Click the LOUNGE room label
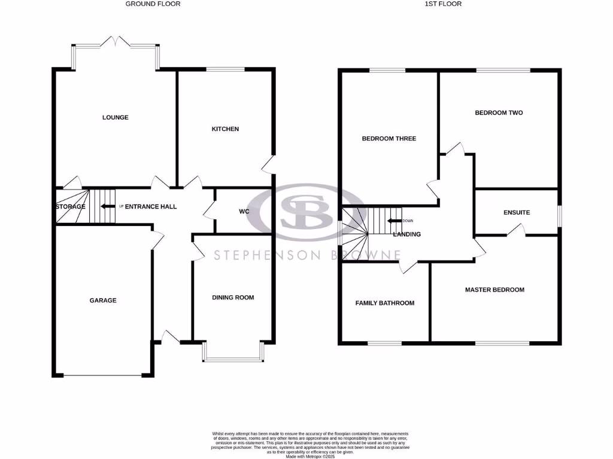(115, 118)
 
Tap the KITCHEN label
(225, 129)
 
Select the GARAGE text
(103, 301)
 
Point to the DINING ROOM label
(233, 298)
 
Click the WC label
(244, 212)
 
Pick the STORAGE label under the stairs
(70, 207)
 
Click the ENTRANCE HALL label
(151, 207)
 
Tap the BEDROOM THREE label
(389, 139)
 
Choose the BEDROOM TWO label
(499, 112)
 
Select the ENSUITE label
(517, 213)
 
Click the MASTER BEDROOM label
(494, 290)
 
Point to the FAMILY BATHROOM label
(384, 303)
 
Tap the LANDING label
(406, 234)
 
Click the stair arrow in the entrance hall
(108, 207)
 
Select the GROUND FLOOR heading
(153, 4)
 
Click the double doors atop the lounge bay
(115, 42)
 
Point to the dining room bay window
(233, 359)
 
